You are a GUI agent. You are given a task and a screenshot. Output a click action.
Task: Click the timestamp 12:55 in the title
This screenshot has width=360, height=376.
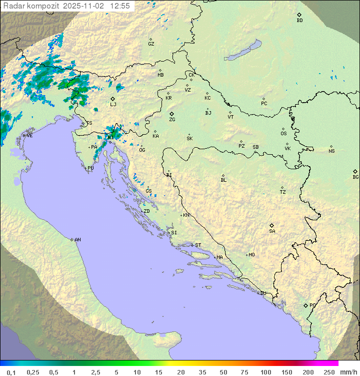[120, 6]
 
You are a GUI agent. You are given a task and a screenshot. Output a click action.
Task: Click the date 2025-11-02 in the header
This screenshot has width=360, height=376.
[85, 6]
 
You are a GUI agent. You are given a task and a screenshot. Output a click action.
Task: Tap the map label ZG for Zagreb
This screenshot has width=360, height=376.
[172, 120]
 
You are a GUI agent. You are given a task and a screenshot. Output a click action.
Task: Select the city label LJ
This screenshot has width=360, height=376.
[113, 104]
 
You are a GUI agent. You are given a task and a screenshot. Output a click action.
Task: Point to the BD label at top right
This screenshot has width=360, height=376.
[299, 21]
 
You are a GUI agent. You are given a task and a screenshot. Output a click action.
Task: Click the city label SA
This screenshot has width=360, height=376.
[272, 231]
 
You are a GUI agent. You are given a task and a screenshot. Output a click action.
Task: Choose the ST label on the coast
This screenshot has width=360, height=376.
[198, 245]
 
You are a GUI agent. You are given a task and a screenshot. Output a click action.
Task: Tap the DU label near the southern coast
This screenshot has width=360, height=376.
[263, 293]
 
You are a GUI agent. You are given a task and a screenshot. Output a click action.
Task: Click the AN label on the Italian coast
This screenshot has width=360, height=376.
[77, 240]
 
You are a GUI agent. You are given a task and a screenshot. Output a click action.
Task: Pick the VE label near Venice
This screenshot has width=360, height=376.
[29, 136]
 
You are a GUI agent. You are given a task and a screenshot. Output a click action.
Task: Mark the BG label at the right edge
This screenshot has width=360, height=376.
[355, 177]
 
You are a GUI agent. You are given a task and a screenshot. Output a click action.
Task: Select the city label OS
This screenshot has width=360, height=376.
[283, 134]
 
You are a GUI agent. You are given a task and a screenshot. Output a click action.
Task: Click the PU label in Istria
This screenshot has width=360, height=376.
[90, 168]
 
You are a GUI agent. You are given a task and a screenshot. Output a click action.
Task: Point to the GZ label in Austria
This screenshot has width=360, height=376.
[151, 44]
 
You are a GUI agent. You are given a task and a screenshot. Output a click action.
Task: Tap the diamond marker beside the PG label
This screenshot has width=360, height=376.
[305, 305]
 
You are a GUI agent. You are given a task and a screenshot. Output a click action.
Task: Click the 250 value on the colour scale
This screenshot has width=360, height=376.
[328, 372]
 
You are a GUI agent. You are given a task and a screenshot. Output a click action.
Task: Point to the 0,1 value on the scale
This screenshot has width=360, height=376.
[11, 372]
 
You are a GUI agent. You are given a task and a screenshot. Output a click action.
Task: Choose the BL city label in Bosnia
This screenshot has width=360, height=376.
[223, 180]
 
